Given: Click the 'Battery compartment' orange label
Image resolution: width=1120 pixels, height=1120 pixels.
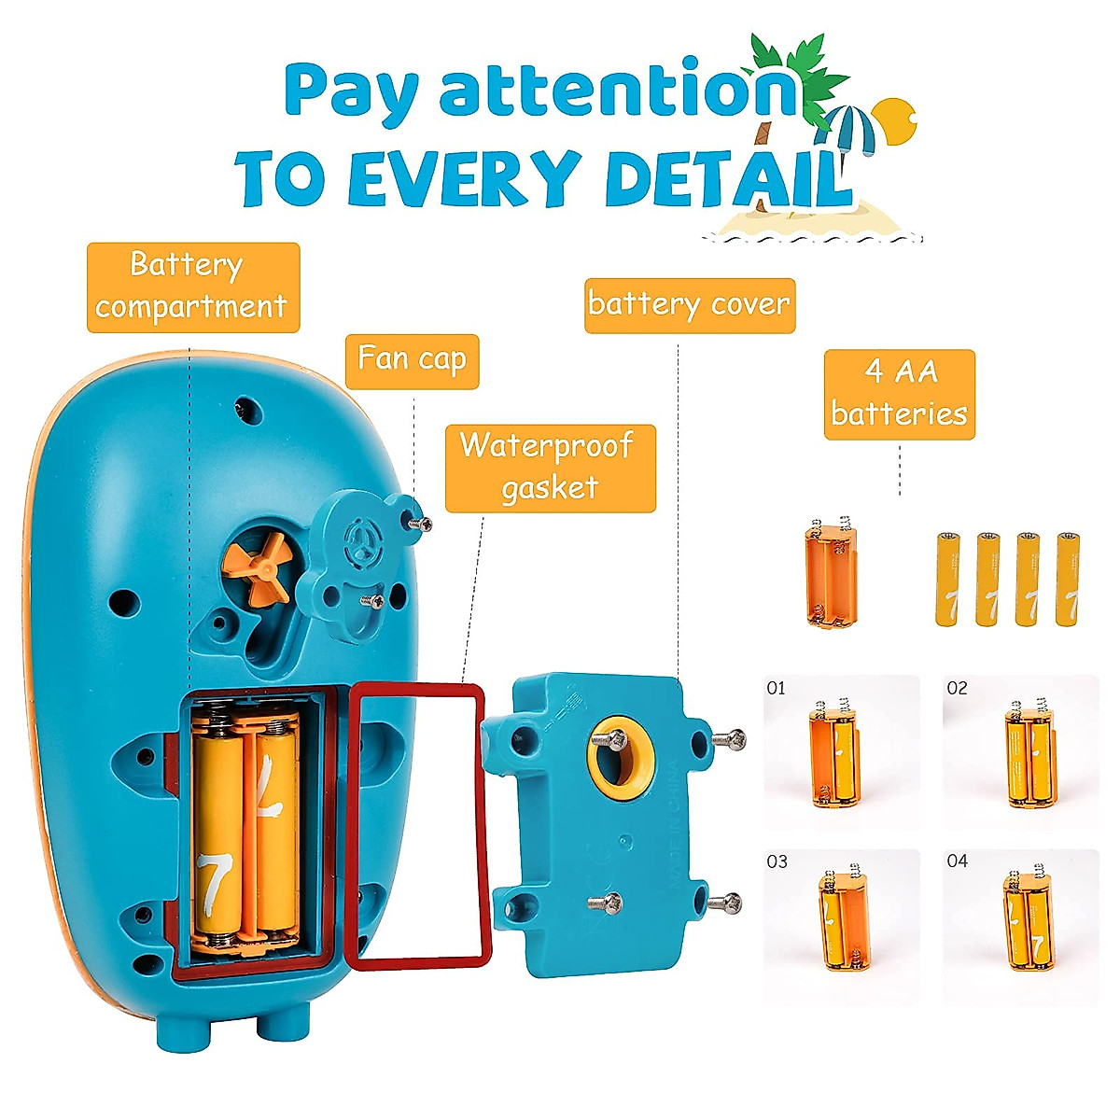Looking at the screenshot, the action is pyautogui.click(x=192, y=287).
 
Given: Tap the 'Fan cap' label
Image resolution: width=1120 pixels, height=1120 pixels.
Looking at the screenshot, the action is pyautogui.click(x=412, y=360).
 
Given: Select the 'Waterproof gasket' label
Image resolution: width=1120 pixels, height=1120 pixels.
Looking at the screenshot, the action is pyautogui.click(x=550, y=468).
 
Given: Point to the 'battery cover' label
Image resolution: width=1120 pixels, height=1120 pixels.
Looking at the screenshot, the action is pyautogui.click(x=689, y=304).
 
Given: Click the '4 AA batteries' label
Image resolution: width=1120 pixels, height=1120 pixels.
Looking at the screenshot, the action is pyautogui.click(x=899, y=394).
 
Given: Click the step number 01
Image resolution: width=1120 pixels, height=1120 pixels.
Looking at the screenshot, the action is pyautogui.click(x=776, y=689).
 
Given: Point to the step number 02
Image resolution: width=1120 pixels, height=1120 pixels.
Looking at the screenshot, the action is pyautogui.click(x=957, y=689).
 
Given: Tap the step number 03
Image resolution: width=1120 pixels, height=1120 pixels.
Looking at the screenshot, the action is pyautogui.click(x=777, y=861).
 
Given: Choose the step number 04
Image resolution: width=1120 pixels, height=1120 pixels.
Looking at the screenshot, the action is pyautogui.click(x=957, y=861).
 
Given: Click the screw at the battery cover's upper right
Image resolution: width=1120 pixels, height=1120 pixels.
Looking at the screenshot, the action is pyautogui.click(x=729, y=740).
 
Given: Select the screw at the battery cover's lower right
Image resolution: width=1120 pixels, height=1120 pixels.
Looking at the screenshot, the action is pyautogui.click(x=725, y=903).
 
